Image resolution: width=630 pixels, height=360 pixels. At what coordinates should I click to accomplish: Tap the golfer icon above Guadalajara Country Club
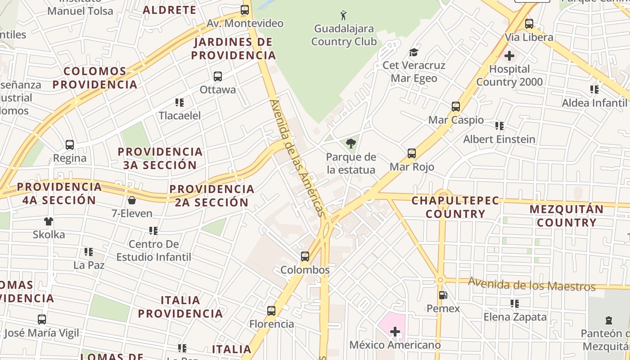[x=344, y=15]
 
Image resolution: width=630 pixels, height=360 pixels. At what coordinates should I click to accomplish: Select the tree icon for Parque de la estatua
[x=351, y=144]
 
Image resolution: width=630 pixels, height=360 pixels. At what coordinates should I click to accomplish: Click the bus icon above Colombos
[x=305, y=256]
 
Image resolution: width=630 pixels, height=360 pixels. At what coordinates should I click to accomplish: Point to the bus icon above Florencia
[x=271, y=310]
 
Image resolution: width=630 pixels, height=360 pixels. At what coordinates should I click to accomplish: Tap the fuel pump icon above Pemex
[x=443, y=295]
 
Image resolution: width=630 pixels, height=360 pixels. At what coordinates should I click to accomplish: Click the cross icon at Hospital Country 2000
[x=509, y=56]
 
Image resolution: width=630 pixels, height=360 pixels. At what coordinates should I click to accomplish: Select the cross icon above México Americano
[x=395, y=332]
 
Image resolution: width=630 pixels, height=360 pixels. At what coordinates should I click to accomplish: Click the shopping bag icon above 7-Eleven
[x=132, y=200]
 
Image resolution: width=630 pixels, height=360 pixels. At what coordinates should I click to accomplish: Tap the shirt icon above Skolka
[x=49, y=221]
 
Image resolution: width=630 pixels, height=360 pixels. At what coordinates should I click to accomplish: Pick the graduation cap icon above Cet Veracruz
[x=414, y=52]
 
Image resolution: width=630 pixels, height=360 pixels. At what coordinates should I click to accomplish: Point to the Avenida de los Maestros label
[x=531, y=284]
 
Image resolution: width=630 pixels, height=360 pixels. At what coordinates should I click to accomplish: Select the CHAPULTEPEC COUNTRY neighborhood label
[x=455, y=207]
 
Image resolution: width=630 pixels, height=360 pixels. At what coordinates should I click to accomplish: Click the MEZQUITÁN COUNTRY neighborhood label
[x=566, y=216]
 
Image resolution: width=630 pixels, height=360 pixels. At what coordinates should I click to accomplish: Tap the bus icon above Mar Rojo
[x=412, y=153]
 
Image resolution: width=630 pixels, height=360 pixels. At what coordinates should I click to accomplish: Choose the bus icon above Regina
[x=70, y=145]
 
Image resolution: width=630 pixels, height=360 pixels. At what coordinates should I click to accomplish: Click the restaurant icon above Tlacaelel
[x=180, y=103]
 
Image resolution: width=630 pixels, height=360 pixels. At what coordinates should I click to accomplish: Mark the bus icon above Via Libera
[x=529, y=24]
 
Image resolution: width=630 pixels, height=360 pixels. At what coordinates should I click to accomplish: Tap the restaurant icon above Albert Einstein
[x=499, y=126]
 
